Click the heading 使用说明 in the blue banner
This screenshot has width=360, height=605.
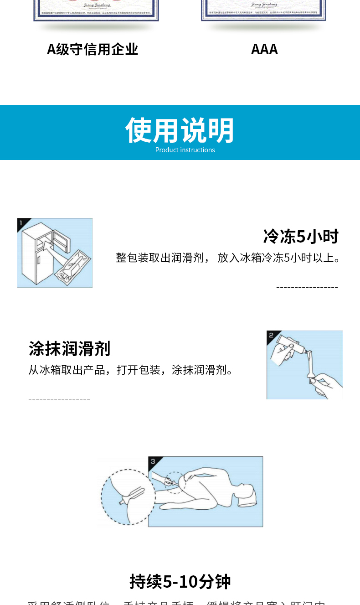pyautogui.click(x=180, y=130)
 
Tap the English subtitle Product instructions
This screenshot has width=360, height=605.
pyautogui.click(x=185, y=150)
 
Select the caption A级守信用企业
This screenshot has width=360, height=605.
pyautogui.click(x=93, y=49)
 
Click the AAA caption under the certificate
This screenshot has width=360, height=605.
pyautogui.click(x=264, y=49)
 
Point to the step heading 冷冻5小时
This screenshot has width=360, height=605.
pyautogui.click(x=301, y=237)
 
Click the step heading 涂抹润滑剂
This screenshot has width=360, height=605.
pyautogui.click(x=69, y=349)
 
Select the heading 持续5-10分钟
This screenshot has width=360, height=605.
pyautogui.click(x=180, y=582)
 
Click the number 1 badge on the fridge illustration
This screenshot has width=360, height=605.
pyautogui.click(x=21, y=222)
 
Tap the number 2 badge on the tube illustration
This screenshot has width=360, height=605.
pyautogui.click(x=271, y=335)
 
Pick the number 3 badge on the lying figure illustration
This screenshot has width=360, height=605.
pyautogui.click(x=153, y=461)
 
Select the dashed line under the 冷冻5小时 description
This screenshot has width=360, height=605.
pyautogui.click(x=307, y=287)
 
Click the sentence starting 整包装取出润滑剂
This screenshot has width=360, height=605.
pyautogui.click(x=228, y=258)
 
